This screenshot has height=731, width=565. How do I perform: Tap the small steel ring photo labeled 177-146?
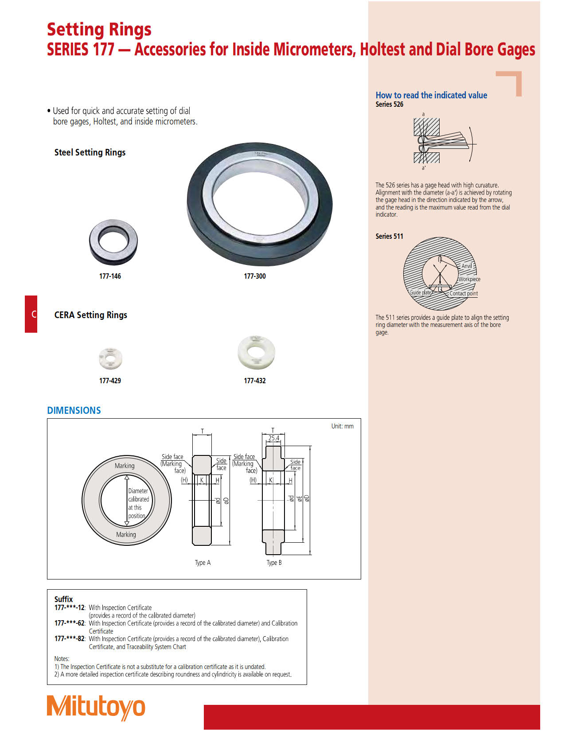[x=113, y=241]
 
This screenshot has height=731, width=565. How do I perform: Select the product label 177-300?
[x=255, y=276]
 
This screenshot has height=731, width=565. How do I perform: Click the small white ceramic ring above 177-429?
[x=110, y=358]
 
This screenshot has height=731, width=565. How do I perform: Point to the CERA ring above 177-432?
[x=256, y=352]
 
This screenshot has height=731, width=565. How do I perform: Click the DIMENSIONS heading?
[x=74, y=410]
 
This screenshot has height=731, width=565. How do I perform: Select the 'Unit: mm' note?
[x=342, y=426]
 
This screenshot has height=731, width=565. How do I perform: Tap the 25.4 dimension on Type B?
[x=274, y=438]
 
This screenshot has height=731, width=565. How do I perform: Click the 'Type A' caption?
[x=203, y=563]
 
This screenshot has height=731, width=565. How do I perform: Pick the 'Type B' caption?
[x=274, y=563]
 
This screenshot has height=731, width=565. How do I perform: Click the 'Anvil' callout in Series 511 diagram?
[x=467, y=266]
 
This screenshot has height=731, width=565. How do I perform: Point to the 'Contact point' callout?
[x=464, y=293]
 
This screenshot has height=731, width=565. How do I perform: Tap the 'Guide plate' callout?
[x=420, y=292]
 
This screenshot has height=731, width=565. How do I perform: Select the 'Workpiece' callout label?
[x=469, y=279]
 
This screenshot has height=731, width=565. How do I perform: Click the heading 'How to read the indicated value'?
[x=431, y=95]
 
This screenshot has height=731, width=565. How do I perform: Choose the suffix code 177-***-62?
[x=70, y=623]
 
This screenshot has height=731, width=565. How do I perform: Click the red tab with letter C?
[x=31, y=314]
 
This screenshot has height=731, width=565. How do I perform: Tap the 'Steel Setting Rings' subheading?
[x=90, y=152]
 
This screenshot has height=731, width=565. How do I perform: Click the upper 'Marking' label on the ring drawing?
[x=125, y=466]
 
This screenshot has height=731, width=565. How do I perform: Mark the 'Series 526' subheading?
[x=390, y=105]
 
